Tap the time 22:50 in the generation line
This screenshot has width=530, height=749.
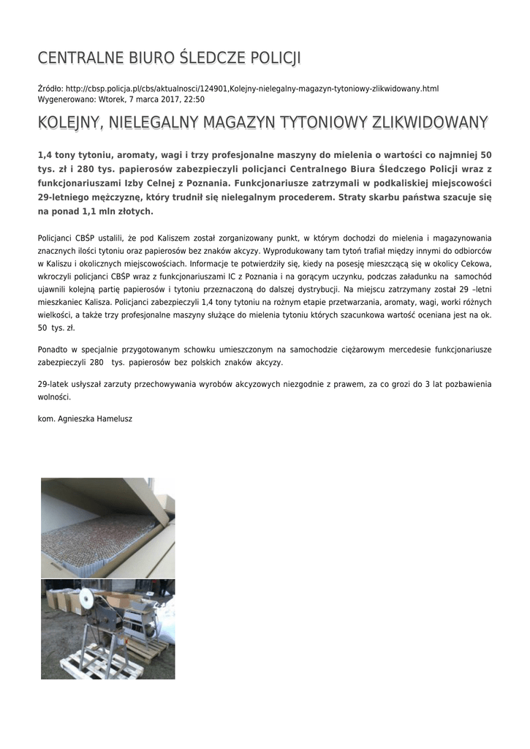pyautogui.click(x=194, y=99)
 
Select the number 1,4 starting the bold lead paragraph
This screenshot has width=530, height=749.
pyautogui.click(x=45, y=156)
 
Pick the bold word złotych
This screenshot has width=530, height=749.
pyautogui.click(x=133, y=211)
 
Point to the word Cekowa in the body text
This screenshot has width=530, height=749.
pyautogui.click(x=473, y=263)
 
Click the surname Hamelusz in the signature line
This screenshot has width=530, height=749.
pyautogui.click(x=110, y=418)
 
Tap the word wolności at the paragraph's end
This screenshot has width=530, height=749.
pyautogui.click(x=53, y=397)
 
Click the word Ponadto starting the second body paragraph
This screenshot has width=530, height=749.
pyautogui.click(x=53, y=350)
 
